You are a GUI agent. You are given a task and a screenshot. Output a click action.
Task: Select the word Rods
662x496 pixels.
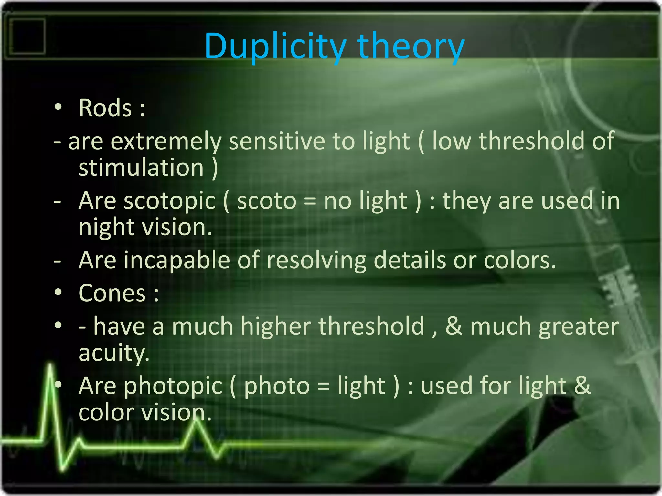pyautogui.click(x=105, y=108)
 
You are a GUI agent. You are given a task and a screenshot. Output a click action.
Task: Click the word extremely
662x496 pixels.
pyautogui.click(x=166, y=141)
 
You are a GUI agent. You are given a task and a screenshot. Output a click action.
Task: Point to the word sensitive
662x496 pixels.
pyautogui.click(x=277, y=141)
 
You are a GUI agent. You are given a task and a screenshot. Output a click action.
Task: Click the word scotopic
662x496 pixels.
pyautogui.click(x=170, y=201)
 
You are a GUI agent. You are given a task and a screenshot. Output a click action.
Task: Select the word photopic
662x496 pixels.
pyautogui.click(x=173, y=386)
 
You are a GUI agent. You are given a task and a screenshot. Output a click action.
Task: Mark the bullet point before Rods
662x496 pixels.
pyautogui.click(x=58, y=107)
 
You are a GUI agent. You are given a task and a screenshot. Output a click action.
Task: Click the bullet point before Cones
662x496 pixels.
pyautogui.click(x=58, y=293)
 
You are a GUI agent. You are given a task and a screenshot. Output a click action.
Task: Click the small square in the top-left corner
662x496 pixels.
pyautogui.click(x=27, y=36)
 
